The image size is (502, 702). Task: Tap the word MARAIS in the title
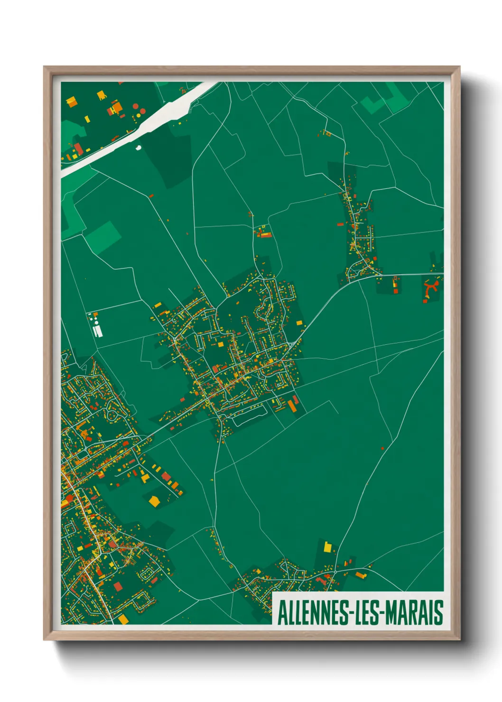coord(414,612)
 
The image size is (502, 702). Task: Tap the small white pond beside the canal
coord(139,147)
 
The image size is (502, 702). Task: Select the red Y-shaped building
coord(431,288)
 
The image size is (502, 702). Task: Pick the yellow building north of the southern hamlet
coord(327,547)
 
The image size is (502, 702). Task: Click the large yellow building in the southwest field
coord(154,500)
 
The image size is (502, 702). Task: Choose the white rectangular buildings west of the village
coord(98,330)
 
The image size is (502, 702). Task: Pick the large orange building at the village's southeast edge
coord(292,406)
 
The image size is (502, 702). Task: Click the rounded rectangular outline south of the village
coord(247,416)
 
